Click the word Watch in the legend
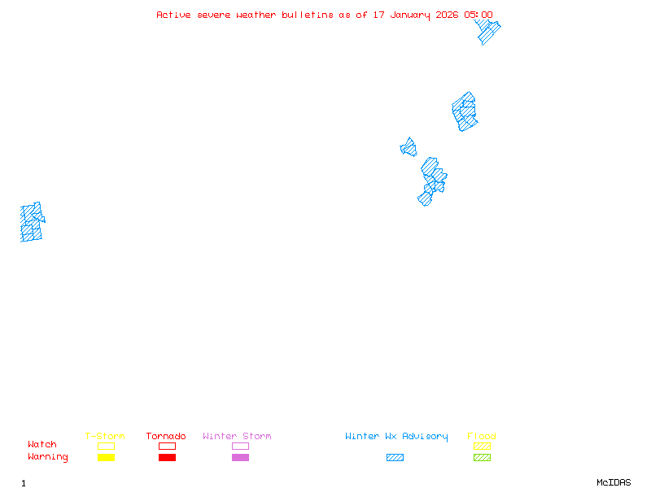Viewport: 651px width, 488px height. pos(42,445)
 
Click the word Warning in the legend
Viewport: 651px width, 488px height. pos(47,457)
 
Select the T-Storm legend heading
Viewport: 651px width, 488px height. pos(105,437)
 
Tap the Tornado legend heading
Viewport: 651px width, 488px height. pos(166,437)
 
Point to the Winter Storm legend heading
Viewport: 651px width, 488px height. pos(237,437)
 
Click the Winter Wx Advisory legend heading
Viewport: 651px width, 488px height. pos(396,437)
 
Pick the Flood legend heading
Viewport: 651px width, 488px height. pos(482,437)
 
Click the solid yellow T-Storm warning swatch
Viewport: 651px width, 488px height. pos(106,457)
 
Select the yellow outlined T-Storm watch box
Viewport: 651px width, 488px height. pos(106,446)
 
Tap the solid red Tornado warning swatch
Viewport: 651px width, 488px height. pos(167,457)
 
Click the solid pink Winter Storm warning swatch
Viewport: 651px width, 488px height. pos(240,457)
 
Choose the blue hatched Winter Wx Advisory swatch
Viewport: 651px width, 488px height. pos(395,457)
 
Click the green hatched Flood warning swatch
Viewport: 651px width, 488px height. pos(482,457)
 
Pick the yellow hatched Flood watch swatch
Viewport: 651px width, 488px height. pos(482,446)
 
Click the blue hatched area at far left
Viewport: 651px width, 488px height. pos(31,222)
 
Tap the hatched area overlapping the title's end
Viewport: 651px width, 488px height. pos(487,32)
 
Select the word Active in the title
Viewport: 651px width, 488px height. pos(174,15)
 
